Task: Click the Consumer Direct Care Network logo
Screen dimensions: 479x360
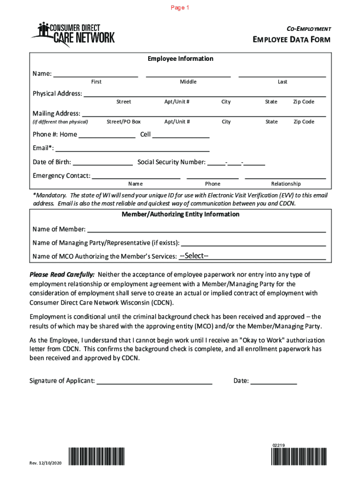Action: [73, 35]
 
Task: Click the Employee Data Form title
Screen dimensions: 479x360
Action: [291, 40]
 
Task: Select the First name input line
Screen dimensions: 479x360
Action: [96, 73]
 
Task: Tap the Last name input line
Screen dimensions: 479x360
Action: [282, 73]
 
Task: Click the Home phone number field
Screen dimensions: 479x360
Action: [107, 135]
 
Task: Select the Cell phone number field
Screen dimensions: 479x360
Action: [180, 135]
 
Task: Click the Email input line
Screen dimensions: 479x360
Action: [132, 148]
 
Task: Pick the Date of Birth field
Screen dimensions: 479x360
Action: [102, 162]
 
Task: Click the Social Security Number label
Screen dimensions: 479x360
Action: [171, 162]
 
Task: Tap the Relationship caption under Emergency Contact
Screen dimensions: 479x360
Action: [286, 184]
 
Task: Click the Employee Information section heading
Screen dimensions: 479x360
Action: [180, 59]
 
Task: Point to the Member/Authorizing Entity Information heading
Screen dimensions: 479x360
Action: [180, 214]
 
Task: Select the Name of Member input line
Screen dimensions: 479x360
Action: [206, 229]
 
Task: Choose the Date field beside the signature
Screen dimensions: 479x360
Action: [274, 381]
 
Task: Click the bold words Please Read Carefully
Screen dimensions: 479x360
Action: [62, 275]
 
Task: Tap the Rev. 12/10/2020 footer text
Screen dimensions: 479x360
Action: [46, 463]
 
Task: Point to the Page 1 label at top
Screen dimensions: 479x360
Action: [180, 8]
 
